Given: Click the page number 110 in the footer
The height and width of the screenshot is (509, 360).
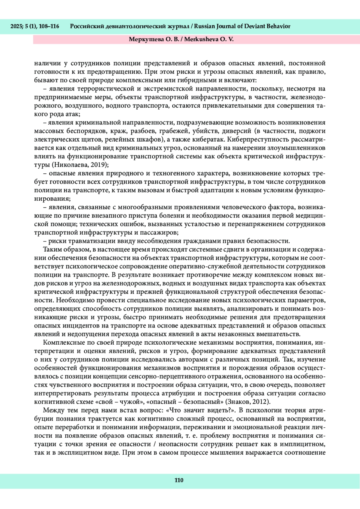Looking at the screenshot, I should [179, 480].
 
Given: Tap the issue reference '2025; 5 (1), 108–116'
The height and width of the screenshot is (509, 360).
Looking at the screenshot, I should [35, 26].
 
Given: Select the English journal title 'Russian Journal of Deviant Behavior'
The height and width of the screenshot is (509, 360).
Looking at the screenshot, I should [242, 26].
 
